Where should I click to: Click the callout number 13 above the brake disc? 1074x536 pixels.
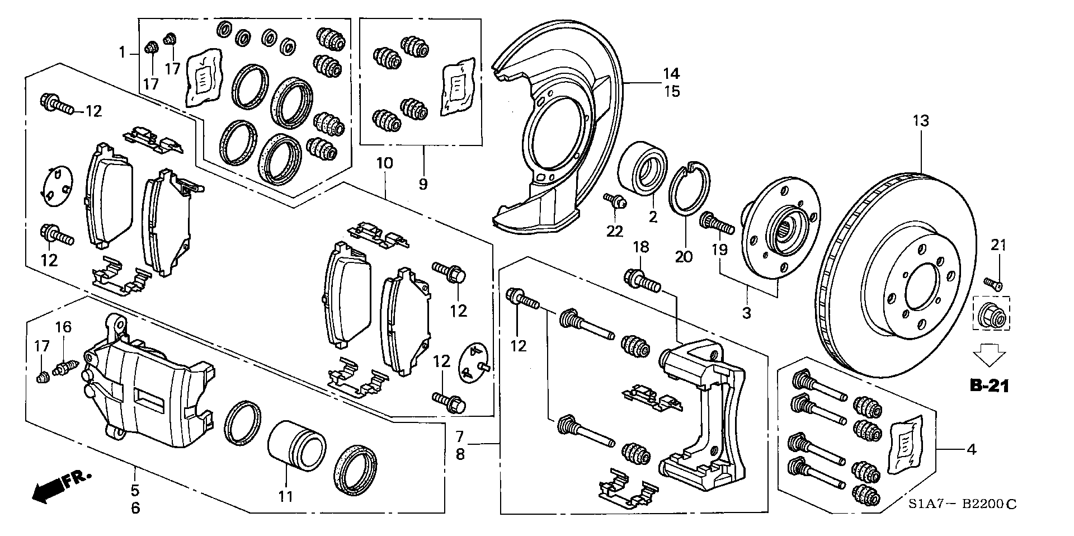click(x=921, y=120)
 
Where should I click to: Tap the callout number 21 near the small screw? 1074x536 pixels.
click(x=998, y=245)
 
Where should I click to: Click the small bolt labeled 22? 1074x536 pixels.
click(x=615, y=202)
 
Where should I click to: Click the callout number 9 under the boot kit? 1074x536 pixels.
click(x=423, y=184)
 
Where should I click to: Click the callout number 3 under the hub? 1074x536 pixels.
click(x=747, y=313)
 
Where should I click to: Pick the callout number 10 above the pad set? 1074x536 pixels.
click(x=385, y=163)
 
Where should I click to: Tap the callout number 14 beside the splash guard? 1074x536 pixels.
click(x=671, y=73)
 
